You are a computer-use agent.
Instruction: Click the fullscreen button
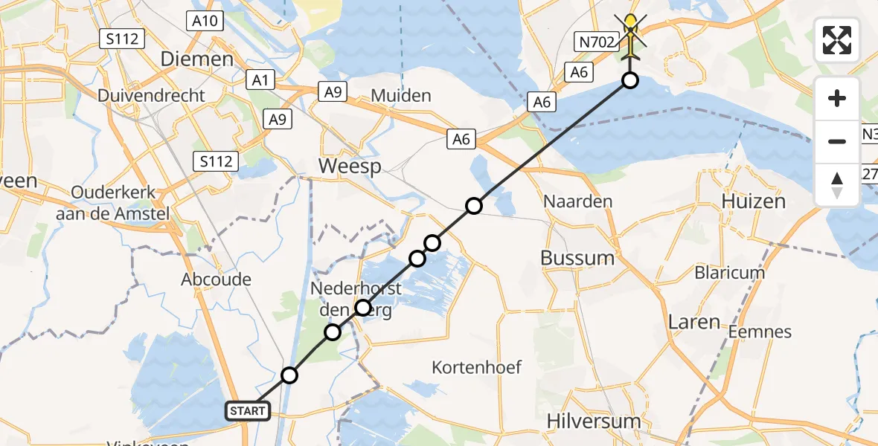(837, 40)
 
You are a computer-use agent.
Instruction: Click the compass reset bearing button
(837, 185)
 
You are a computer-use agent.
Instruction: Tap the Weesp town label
(350, 166)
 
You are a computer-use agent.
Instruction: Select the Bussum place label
(577, 259)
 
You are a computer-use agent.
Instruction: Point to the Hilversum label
(593, 421)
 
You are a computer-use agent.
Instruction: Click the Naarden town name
(577, 201)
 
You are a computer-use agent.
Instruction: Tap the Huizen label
(754, 201)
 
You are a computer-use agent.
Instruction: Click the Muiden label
(400, 95)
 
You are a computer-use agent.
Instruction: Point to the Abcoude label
(216, 280)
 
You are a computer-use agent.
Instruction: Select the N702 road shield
(597, 42)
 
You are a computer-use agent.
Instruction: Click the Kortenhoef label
(477, 367)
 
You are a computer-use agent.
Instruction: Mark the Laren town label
(693, 322)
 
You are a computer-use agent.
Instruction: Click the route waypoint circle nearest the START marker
(289, 376)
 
